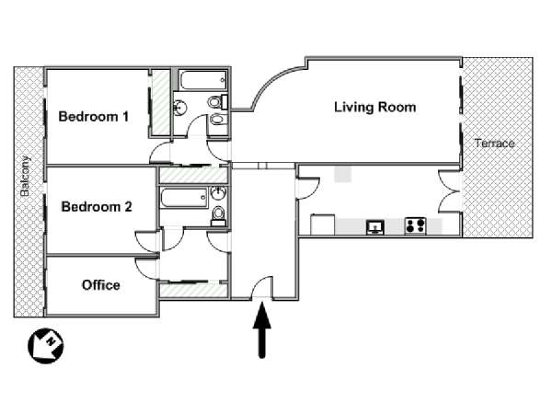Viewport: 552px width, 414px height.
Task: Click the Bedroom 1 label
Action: (x=94, y=117)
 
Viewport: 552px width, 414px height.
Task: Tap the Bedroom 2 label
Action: (x=97, y=207)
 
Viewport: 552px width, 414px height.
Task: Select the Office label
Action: (x=101, y=285)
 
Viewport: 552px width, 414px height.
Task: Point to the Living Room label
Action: (x=375, y=107)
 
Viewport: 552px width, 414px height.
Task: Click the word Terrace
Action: (x=495, y=144)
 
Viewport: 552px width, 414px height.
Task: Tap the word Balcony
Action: (x=25, y=176)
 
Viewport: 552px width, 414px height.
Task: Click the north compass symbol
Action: (x=46, y=346)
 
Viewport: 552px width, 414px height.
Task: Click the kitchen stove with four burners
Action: (x=416, y=226)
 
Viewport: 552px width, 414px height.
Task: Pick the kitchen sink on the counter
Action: (x=375, y=227)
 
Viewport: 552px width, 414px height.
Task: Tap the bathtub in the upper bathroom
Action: (x=202, y=80)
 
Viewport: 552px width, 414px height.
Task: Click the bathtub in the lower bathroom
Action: (x=184, y=198)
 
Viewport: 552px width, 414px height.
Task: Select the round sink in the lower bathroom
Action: (x=219, y=193)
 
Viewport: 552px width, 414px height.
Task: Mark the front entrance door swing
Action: (x=262, y=287)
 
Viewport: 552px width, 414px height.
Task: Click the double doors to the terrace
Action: (x=450, y=191)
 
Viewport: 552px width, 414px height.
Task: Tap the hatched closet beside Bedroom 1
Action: (x=160, y=102)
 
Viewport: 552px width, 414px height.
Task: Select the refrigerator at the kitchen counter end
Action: (x=323, y=224)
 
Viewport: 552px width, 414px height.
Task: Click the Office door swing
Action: (x=146, y=270)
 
